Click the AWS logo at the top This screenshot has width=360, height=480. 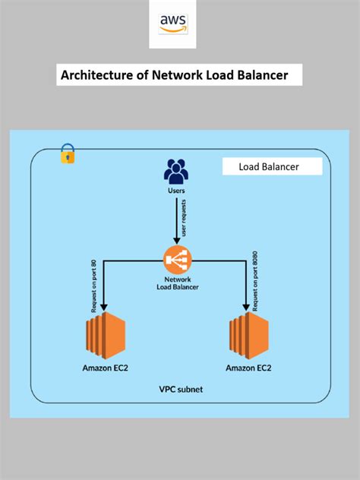pos(173,24)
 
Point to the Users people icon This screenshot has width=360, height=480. pos(176,172)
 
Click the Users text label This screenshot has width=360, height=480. pos(176,191)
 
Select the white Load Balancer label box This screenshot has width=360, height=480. pos(272,167)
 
